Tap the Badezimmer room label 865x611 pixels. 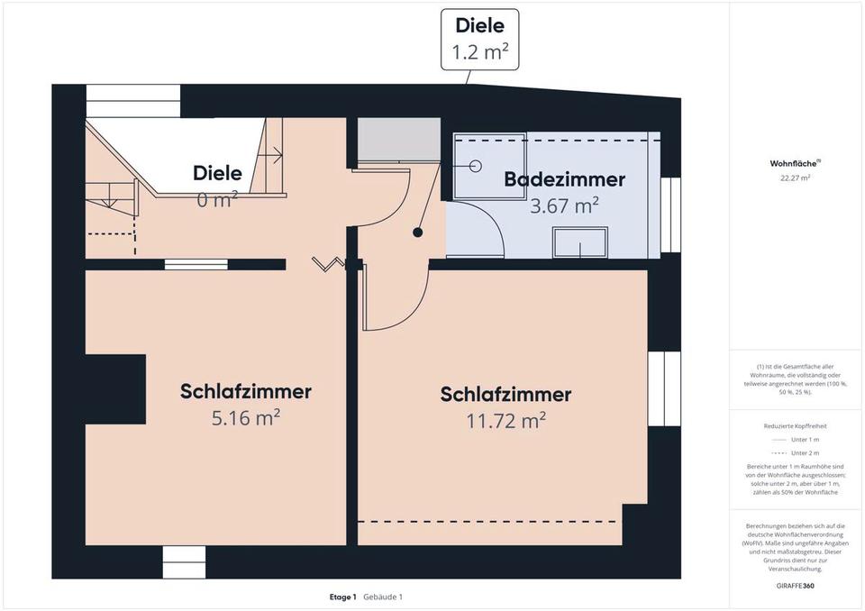(564, 179)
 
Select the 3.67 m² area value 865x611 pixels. (564, 205)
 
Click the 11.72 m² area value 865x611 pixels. (505, 420)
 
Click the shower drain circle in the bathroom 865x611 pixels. (476, 166)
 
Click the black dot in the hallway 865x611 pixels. (418, 233)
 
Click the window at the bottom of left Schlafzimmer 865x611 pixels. (184, 561)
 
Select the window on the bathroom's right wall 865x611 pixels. (669, 214)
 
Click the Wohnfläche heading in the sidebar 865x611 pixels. (793, 164)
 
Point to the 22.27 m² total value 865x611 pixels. (795, 178)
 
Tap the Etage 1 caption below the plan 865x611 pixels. (343, 597)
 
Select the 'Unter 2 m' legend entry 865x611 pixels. (804, 452)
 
